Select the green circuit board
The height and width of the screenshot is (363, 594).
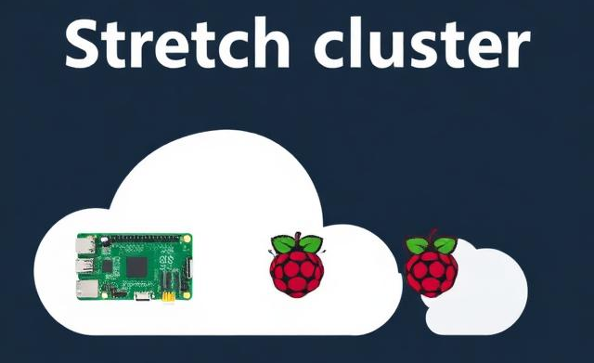(x=134, y=267)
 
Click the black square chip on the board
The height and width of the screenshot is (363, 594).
(x=137, y=266)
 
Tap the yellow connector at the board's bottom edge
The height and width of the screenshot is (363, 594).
(x=168, y=298)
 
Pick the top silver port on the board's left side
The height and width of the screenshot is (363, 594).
(x=85, y=246)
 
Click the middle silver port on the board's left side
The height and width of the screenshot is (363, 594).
(x=85, y=267)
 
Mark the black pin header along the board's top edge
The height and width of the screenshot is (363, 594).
(x=139, y=239)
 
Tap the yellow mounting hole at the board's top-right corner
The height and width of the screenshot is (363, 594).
(x=187, y=240)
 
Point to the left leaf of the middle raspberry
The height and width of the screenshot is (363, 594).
(x=283, y=245)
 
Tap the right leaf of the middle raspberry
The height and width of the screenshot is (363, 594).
(x=312, y=245)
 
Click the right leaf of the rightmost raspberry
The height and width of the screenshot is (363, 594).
(x=446, y=245)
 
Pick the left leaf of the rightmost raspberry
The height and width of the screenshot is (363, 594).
(x=418, y=245)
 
